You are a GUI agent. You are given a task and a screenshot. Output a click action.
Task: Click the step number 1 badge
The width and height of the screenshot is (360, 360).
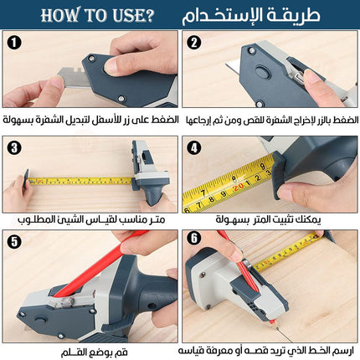tap(14, 43)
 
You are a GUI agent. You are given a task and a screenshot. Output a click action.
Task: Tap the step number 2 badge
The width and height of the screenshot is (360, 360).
tap(194, 43)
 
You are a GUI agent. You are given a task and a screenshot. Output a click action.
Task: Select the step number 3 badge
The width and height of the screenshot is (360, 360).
tap(14, 147)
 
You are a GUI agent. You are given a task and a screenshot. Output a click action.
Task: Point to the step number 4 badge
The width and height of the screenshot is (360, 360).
tap(194, 147)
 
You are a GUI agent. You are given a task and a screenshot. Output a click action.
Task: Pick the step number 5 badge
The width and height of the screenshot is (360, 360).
tap(14, 241)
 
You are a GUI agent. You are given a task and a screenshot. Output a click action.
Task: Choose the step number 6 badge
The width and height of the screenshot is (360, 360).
tap(194, 238)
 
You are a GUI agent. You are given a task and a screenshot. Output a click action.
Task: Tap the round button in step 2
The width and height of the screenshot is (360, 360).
tap(262, 72)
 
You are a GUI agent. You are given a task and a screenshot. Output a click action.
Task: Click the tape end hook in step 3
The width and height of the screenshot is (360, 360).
tap(27, 178)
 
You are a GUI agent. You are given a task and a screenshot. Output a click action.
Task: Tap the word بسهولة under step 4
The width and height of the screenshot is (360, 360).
tap(233, 220)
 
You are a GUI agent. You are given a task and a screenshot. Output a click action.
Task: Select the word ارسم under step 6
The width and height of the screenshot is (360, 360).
tap(343, 351)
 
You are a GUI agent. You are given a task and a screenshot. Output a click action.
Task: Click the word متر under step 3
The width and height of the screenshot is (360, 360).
tap(157, 219)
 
